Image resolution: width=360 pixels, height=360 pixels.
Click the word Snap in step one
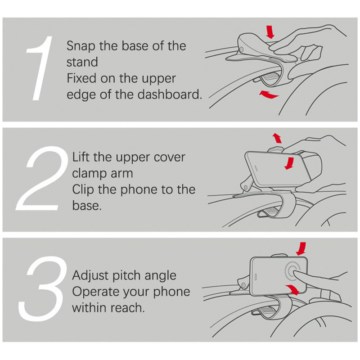(81, 46)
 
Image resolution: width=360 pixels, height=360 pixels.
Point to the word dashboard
(170, 94)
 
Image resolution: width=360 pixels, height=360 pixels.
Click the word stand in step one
(82, 62)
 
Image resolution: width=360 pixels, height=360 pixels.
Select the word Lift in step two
(81, 157)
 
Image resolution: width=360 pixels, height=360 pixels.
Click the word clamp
(90, 173)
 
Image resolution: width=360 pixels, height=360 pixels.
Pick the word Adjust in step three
(91, 275)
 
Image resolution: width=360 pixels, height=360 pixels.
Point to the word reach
(127, 308)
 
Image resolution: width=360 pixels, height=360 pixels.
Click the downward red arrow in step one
(270, 32)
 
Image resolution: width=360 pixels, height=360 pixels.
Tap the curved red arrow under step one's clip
(269, 94)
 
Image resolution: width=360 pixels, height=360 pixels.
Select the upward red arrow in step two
(277, 138)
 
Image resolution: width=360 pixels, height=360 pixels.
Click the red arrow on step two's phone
(289, 163)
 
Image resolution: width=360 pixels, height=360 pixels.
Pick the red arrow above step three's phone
(301, 249)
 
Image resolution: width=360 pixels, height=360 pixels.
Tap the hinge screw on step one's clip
(241, 49)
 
